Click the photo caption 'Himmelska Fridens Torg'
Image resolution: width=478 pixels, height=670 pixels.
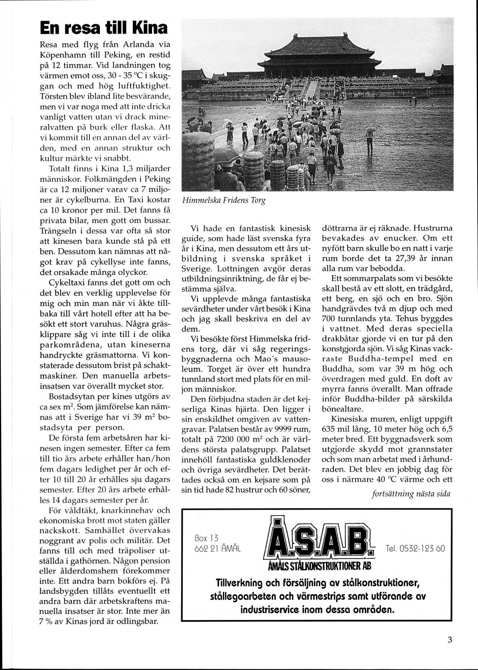click(x=223, y=201)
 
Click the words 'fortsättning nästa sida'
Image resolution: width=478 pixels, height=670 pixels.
click(x=411, y=494)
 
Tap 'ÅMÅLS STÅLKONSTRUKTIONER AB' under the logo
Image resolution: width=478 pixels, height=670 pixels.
click(x=320, y=566)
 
